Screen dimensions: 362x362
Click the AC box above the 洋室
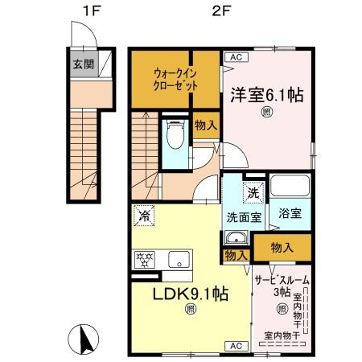(x=236, y=57)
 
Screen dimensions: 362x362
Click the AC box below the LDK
(x=236, y=345)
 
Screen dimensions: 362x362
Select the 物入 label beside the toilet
(x=204, y=125)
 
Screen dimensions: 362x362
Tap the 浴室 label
(x=290, y=214)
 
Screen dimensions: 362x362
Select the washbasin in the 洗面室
(x=237, y=240)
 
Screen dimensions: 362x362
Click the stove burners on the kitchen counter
(x=146, y=259)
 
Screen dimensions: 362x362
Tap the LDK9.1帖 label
(x=191, y=294)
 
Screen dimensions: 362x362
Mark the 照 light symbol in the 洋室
(x=267, y=113)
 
